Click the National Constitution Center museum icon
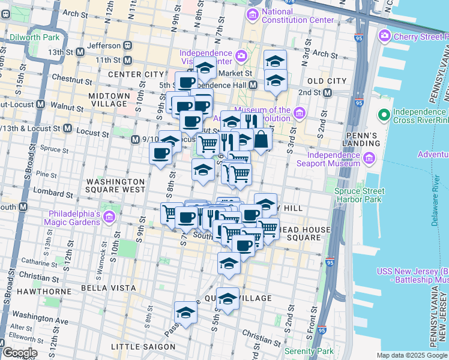[253, 14]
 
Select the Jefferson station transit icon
[128, 45]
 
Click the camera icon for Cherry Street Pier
[384, 37]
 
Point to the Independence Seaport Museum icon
[368, 158]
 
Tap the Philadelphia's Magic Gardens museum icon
[109, 216]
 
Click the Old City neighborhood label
[327, 81]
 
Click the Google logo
[20, 353]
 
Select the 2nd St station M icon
[327, 93]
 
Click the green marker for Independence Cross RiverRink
[382, 114]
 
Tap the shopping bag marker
[262, 139]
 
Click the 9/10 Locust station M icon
[135, 140]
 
